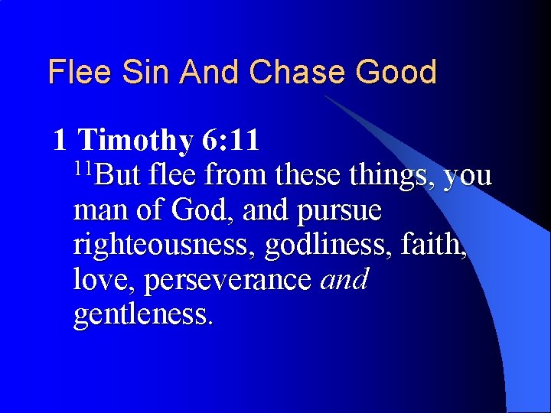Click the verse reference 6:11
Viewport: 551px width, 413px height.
click(231, 141)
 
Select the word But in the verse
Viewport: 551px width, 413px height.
click(118, 176)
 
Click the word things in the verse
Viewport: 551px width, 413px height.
click(392, 176)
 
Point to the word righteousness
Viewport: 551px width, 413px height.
click(166, 246)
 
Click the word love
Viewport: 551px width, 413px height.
click(103, 280)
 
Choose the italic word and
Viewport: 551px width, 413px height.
click(345, 280)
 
